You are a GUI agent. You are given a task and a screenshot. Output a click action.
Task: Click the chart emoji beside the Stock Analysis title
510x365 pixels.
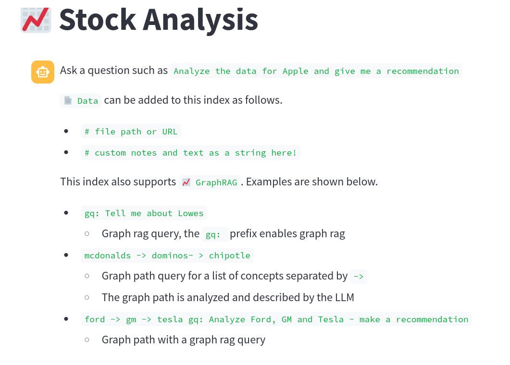36,20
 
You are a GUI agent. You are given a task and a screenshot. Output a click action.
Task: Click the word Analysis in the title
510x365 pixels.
200,20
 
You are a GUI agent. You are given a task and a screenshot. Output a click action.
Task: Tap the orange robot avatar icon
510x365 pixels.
43,72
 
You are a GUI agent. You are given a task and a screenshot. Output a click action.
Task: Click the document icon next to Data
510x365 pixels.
68,100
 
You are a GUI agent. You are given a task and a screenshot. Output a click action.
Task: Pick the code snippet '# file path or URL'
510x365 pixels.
131,132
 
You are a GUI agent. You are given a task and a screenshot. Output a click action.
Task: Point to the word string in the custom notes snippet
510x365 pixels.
250,153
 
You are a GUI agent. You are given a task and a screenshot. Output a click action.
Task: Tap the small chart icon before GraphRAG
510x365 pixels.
186,182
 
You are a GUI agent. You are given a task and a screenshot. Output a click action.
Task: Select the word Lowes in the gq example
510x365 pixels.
191,213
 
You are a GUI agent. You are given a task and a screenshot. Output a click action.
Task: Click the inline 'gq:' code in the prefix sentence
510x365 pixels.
213,234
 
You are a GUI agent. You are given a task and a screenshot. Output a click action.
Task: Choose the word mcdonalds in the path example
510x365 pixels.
107,255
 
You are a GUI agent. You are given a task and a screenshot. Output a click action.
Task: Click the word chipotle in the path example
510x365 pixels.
230,255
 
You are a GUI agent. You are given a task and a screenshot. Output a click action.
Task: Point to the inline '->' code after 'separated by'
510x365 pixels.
359,277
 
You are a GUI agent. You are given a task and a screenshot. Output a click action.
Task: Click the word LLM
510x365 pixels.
345,297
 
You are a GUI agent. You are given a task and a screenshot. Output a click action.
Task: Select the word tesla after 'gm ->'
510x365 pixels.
170,319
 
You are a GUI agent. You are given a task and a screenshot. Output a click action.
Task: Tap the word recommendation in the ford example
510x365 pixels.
432,319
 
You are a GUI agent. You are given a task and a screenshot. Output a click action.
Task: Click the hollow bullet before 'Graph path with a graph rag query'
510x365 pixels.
87,340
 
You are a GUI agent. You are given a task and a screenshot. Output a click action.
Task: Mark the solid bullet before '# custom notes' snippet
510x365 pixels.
66,152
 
